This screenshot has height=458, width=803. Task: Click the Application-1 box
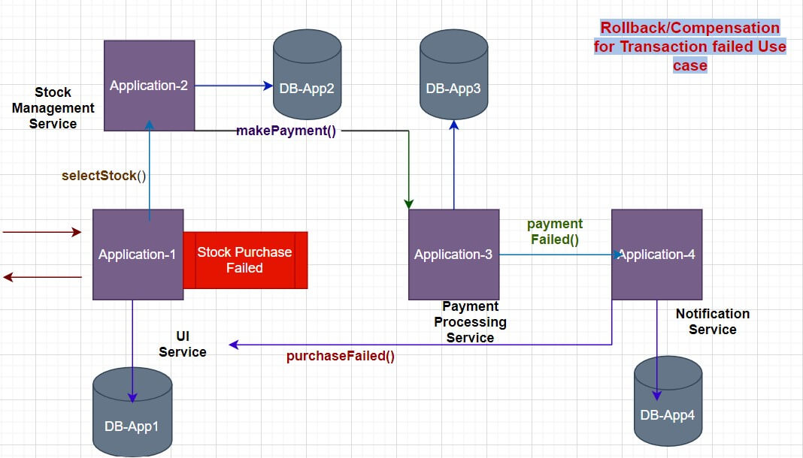(x=138, y=255)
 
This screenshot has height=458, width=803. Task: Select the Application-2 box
(x=149, y=86)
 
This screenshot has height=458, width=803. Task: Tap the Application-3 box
(x=453, y=255)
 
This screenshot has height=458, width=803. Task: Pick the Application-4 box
(x=656, y=255)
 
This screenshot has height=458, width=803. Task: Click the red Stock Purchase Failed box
(x=245, y=260)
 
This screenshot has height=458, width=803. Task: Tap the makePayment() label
(x=286, y=131)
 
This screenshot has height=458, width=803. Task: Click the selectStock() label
(x=104, y=176)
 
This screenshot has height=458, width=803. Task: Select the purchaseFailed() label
(x=341, y=357)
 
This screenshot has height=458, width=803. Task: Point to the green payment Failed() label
(x=555, y=232)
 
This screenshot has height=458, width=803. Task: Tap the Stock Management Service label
(x=53, y=108)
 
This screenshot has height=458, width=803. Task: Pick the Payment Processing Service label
(x=471, y=322)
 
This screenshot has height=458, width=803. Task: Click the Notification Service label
(x=713, y=321)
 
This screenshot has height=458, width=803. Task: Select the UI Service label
(x=183, y=345)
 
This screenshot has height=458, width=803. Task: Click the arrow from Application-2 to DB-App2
(x=234, y=86)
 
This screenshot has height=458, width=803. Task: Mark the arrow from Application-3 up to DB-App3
(x=453, y=165)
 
